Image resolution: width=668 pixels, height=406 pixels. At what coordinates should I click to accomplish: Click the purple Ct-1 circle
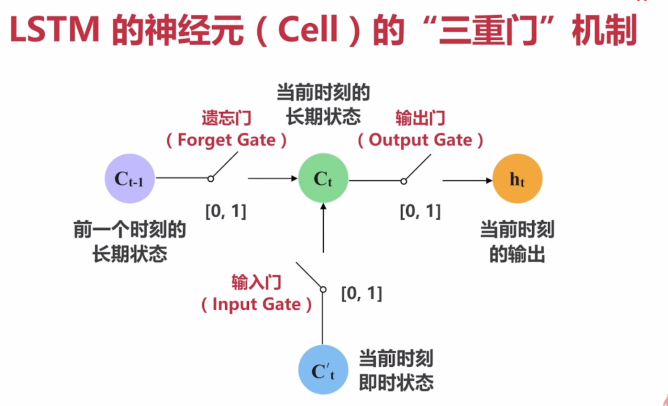click(130, 178)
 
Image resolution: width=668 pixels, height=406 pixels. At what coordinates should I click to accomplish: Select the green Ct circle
click(323, 178)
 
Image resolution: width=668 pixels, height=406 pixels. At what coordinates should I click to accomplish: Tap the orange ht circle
click(517, 179)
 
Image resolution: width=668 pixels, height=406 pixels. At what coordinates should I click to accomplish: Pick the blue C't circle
click(323, 370)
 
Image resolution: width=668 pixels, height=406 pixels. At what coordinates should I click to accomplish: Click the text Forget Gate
click(227, 140)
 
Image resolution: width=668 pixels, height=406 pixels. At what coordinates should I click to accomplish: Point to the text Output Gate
click(420, 140)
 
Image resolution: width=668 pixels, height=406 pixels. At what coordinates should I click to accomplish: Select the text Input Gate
click(256, 304)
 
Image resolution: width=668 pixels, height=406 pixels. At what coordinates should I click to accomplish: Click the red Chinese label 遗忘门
click(227, 118)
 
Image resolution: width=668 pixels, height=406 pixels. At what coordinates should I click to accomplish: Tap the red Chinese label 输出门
click(420, 118)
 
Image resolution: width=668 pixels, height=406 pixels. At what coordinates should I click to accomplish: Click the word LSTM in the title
click(55, 30)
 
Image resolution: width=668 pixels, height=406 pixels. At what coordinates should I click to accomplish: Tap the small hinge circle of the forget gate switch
click(211, 179)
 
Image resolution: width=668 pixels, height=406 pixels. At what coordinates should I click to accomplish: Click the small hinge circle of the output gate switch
click(404, 181)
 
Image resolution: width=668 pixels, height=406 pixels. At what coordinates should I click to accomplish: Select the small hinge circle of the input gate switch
click(323, 290)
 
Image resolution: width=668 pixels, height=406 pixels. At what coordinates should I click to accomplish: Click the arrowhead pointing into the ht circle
click(489, 181)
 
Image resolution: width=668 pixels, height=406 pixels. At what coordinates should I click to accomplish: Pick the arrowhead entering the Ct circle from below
click(323, 206)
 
